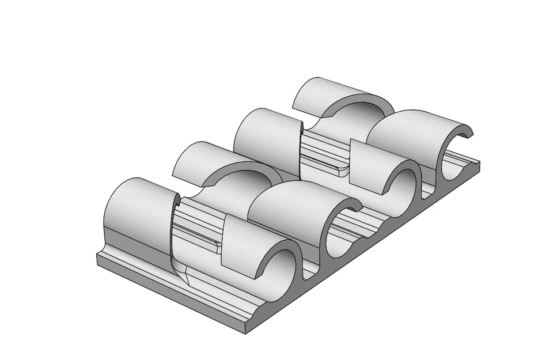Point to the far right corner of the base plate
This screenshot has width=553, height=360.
pos(479,165)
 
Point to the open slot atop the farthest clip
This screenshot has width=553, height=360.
pos(468,134)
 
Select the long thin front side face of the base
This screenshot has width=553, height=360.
pos(173,294)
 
